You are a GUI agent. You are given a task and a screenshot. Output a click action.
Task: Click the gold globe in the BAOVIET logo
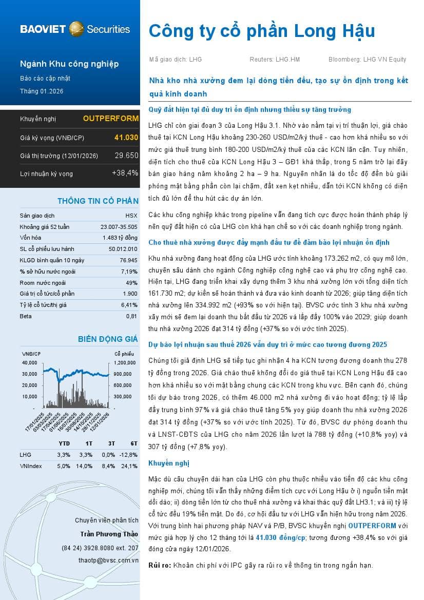coord(76,29)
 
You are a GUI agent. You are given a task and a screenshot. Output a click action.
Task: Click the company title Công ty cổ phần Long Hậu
coord(262,31)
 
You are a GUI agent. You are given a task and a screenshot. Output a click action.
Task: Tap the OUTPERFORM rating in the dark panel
coord(110,119)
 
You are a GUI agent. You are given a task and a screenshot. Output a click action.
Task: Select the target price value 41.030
coord(126,138)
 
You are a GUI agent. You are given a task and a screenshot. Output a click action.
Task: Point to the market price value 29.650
coord(126,156)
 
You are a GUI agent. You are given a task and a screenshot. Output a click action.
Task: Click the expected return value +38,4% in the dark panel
coord(125,173)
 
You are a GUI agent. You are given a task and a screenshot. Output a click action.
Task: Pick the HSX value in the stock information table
coord(131,216)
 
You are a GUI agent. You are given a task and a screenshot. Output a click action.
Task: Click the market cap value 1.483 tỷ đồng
coord(120,238)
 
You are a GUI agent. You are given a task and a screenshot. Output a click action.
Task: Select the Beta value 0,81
coord(132,316)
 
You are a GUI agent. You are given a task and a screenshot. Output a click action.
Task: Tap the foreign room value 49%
coord(132,283)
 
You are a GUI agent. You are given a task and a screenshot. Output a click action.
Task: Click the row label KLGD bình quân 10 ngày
coord(52,260)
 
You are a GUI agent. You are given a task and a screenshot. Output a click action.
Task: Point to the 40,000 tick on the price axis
coord(30,362)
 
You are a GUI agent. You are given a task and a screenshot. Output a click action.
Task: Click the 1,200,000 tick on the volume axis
coord(125,362)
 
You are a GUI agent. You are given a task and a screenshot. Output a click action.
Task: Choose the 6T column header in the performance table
coord(133,443)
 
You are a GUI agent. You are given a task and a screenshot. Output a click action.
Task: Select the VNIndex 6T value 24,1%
coord(130,466)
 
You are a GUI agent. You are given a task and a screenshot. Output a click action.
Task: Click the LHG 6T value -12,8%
coord(129,455)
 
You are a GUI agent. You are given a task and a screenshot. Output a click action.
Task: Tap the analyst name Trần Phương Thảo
coord(109,534)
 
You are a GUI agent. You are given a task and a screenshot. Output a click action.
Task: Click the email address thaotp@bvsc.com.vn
coord(108,560)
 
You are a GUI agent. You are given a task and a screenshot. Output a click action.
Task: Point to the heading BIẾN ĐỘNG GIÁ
coord(108,339)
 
